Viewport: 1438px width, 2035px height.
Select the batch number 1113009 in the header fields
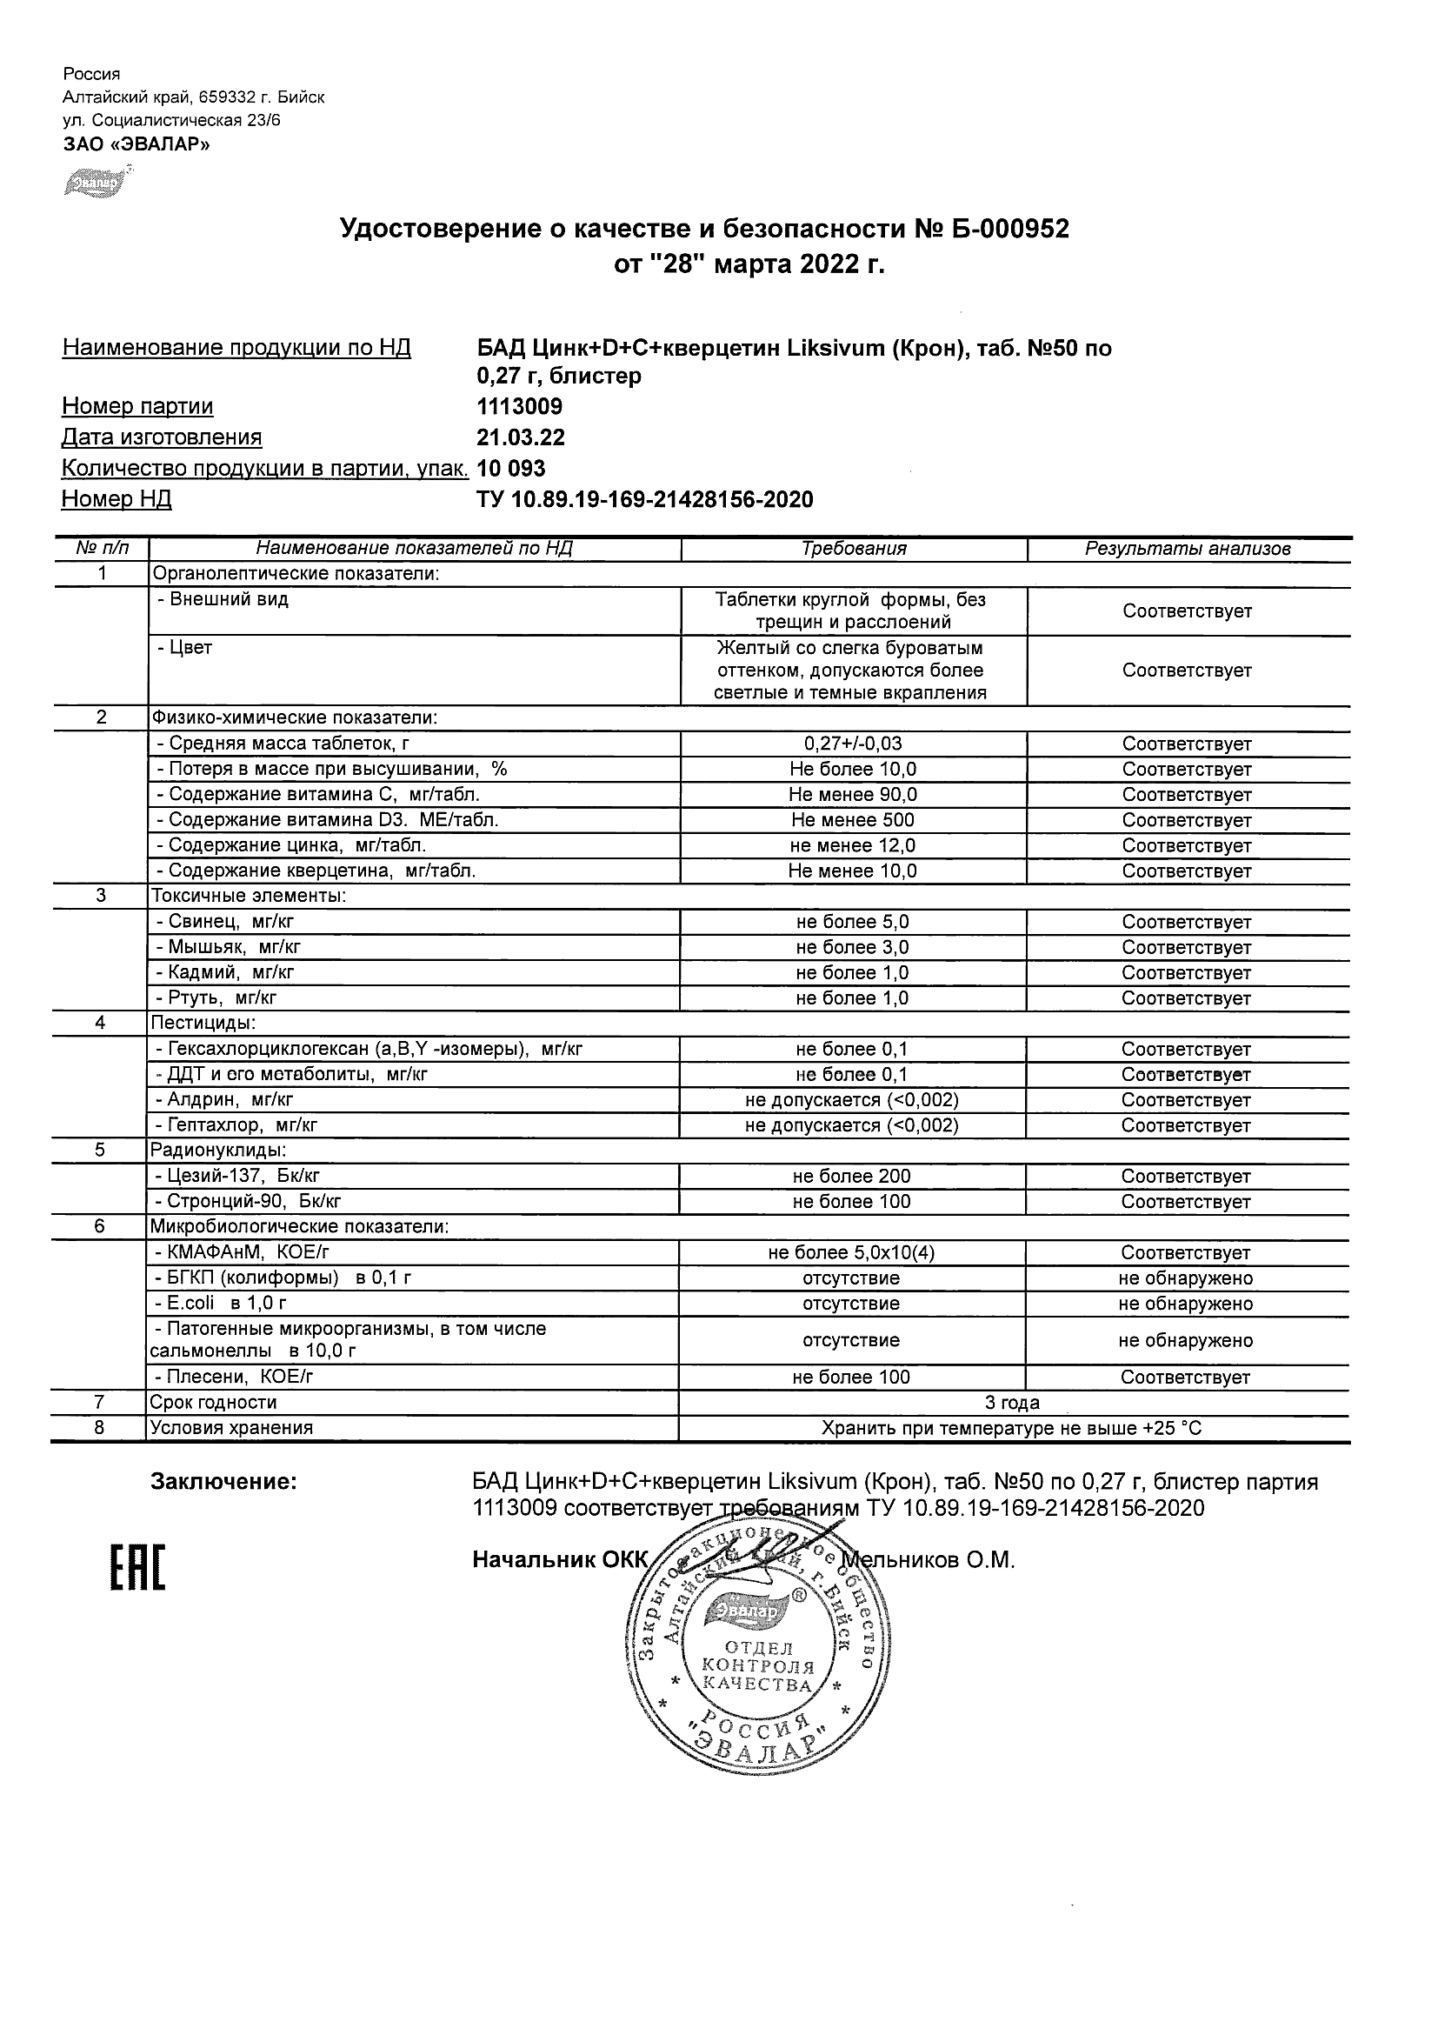[519, 407]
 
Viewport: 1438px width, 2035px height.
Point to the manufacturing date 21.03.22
[521, 437]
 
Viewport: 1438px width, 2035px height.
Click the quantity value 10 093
[511, 468]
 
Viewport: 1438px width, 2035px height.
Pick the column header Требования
[853, 549]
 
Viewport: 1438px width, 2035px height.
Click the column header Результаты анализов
[1188, 549]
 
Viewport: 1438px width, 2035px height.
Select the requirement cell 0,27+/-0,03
[852, 744]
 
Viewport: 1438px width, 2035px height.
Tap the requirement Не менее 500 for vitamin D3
[852, 821]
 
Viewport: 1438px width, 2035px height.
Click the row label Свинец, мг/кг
[232, 922]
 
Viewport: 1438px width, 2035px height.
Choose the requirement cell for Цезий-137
[851, 1177]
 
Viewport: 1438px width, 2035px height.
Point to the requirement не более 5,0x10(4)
[851, 1253]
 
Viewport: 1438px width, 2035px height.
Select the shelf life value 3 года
[1013, 1403]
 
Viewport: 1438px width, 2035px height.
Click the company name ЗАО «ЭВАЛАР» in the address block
[136, 143]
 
